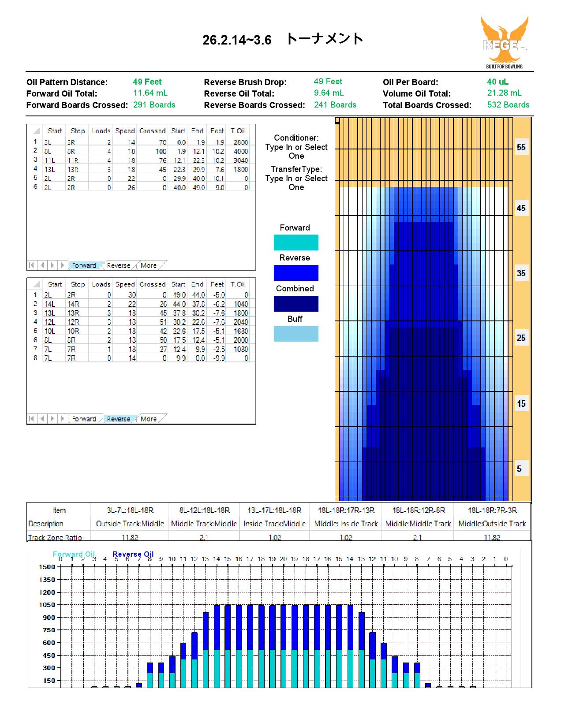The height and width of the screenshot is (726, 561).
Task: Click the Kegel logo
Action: tap(505, 42)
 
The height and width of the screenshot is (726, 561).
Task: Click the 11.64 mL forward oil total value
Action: tap(150, 93)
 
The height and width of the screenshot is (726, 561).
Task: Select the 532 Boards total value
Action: tap(508, 105)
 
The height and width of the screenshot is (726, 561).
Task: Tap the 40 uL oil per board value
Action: tap(497, 82)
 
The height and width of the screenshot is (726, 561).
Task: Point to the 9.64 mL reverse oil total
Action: tap(329, 93)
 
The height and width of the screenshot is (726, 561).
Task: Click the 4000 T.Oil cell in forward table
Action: tap(241, 151)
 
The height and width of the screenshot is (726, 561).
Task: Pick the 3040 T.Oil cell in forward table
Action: tap(241, 160)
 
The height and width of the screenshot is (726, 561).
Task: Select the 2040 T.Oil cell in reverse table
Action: tap(241, 322)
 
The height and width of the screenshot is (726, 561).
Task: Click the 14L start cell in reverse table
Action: tap(49, 304)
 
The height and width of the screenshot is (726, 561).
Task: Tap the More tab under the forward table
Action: tap(149, 265)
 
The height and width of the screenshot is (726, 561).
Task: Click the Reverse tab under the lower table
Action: tap(118, 419)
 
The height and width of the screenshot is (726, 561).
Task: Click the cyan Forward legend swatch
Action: tap(296, 242)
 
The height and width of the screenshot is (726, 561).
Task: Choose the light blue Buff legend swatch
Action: tap(296, 334)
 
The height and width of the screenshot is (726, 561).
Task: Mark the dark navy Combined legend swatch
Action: tap(296, 304)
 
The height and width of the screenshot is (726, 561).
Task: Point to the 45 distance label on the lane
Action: tap(521, 208)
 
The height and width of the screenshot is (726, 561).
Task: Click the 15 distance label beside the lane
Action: tap(521, 403)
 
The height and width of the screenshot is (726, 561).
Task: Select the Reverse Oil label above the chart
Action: tap(133, 554)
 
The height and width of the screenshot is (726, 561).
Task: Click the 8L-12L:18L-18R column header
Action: tap(204, 510)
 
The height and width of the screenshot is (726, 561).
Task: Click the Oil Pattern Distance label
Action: tap(67, 82)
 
